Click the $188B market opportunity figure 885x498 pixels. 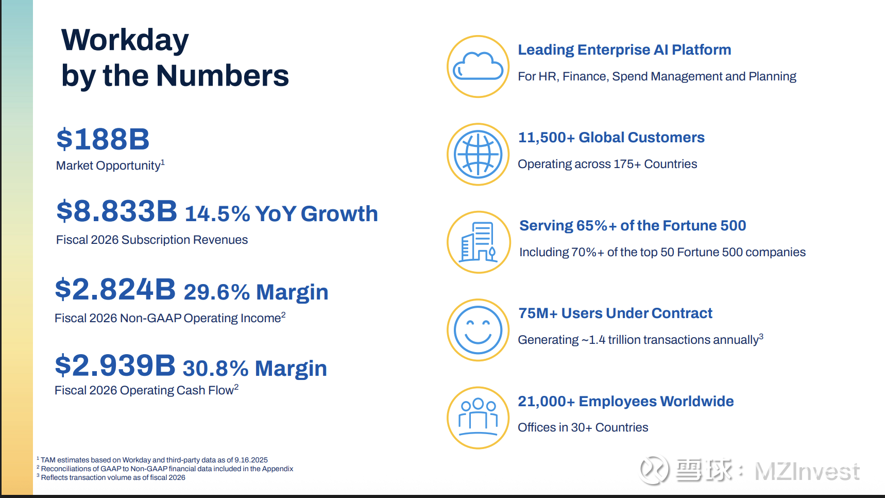[103, 139]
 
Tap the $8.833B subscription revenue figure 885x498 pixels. [117, 211]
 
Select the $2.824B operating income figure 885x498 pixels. [115, 289]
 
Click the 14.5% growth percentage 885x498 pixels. [217, 214]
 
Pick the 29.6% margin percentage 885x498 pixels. [217, 292]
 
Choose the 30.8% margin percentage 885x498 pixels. [216, 369]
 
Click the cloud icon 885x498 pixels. [478, 67]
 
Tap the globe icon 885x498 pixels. [478, 154]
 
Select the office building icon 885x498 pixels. [478, 242]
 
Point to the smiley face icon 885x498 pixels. [478, 330]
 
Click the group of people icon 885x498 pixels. [478, 418]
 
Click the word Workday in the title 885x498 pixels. [125, 40]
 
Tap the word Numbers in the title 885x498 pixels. [223, 76]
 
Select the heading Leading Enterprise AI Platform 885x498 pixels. [624, 49]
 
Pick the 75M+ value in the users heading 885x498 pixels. [538, 313]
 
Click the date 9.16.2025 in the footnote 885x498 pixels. [251, 460]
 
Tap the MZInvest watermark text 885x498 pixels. [807, 471]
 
